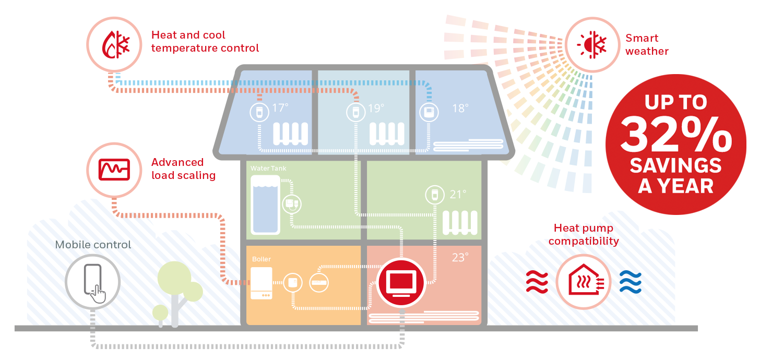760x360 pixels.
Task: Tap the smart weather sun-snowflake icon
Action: [592, 44]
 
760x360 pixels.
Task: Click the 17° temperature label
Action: [280, 109]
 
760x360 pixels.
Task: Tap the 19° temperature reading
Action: [376, 109]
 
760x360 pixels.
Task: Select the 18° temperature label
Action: [460, 109]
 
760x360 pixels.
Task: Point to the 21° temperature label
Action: [458, 195]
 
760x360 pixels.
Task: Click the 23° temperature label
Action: [460, 257]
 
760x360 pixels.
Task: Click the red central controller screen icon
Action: [400, 282]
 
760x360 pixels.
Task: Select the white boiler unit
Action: [262, 283]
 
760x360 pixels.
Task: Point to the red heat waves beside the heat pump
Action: [537, 282]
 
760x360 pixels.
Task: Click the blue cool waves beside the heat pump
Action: [630, 282]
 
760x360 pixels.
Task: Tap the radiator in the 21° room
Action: [460, 222]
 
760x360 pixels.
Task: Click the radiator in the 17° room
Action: [291, 134]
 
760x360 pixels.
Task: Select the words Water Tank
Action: [268, 169]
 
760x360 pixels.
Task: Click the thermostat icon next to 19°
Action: [354, 112]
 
